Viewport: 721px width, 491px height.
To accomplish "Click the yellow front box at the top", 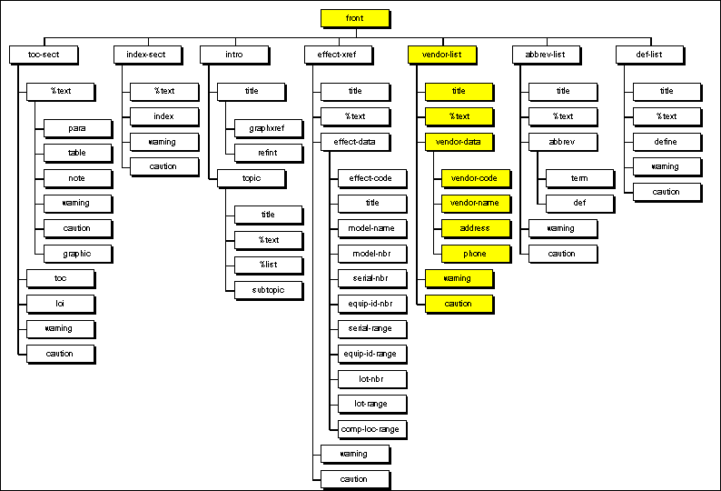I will (x=355, y=18).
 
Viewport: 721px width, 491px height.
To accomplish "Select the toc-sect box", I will (x=44, y=55).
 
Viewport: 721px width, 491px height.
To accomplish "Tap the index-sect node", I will (x=147, y=55).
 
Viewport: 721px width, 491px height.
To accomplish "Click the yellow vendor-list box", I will (x=442, y=55).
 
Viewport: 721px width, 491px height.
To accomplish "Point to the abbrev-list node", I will (x=546, y=55).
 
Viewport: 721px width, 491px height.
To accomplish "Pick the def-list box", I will (x=649, y=55).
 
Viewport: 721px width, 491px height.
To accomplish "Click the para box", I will (x=77, y=127).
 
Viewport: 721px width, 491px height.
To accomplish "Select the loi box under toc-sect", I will (x=60, y=303).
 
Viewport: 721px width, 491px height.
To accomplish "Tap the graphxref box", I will (x=268, y=127).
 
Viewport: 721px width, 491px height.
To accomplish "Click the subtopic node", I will (x=268, y=290).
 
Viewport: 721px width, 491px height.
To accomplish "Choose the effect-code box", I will (x=371, y=177).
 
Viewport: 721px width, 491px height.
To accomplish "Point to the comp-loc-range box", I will (x=371, y=428).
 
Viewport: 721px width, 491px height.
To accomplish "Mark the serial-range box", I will (x=371, y=327).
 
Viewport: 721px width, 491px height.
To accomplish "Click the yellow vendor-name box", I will (x=475, y=203).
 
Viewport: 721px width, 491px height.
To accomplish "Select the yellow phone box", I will (x=475, y=254).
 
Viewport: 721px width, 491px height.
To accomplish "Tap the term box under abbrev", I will (x=579, y=177).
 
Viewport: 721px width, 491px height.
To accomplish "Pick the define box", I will (x=667, y=142).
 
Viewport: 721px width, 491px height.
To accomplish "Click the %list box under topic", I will (x=268, y=266).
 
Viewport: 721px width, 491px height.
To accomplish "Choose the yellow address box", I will (x=475, y=228).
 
